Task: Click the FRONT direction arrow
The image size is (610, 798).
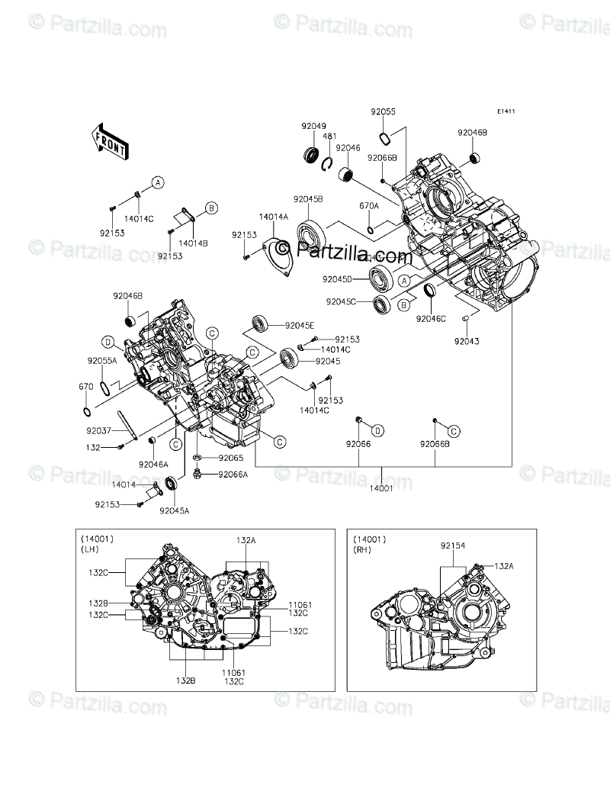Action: click(x=110, y=141)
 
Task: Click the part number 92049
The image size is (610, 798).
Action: click(x=313, y=127)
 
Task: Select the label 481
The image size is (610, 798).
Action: click(x=329, y=137)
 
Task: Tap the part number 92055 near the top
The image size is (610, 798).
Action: click(x=384, y=111)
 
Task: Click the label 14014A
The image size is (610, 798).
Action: click(x=273, y=217)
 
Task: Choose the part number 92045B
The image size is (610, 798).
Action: click(x=310, y=199)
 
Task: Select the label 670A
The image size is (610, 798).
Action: click(x=370, y=205)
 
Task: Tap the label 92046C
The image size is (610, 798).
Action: click(x=431, y=320)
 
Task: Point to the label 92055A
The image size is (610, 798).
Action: click(x=102, y=360)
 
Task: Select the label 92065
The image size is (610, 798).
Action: click(x=230, y=458)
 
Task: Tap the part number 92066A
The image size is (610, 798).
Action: click(x=233, y=474)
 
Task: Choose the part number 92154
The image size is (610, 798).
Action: click(x=453, y=546)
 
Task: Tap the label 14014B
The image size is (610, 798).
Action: click(x=194, y=243)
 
